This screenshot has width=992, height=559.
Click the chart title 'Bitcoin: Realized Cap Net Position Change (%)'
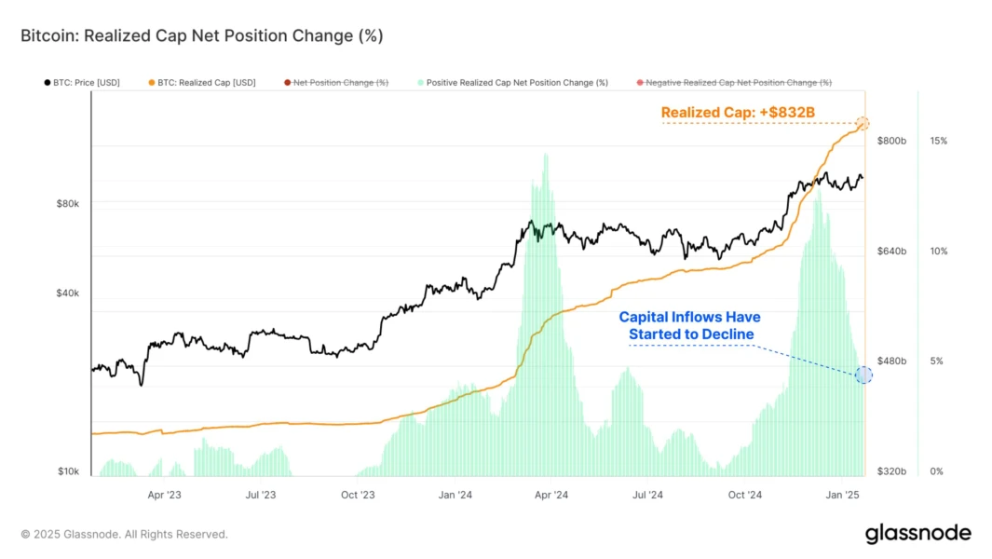(x=201, y=36)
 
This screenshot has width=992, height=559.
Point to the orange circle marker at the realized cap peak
(x=863, y=123)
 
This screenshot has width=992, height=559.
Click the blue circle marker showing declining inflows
(x=863, y=375)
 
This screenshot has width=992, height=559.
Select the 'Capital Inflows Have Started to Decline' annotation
(x=690, y=325)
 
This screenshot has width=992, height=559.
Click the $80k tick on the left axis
(x=68, y=203)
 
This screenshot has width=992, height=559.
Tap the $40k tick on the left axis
(x=68, y=293)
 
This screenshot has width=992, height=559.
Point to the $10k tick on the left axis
(x=68, y=471)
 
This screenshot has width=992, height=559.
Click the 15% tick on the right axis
(x=938, y=141)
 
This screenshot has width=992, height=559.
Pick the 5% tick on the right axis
(x=936, y=361)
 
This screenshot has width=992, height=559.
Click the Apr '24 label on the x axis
(x=552, y=496)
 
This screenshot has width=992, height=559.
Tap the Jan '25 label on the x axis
(x=842, y=496)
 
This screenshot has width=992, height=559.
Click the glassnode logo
(x=917, y=534)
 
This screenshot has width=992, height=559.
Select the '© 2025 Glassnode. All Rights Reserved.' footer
(x=124, y=535)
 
